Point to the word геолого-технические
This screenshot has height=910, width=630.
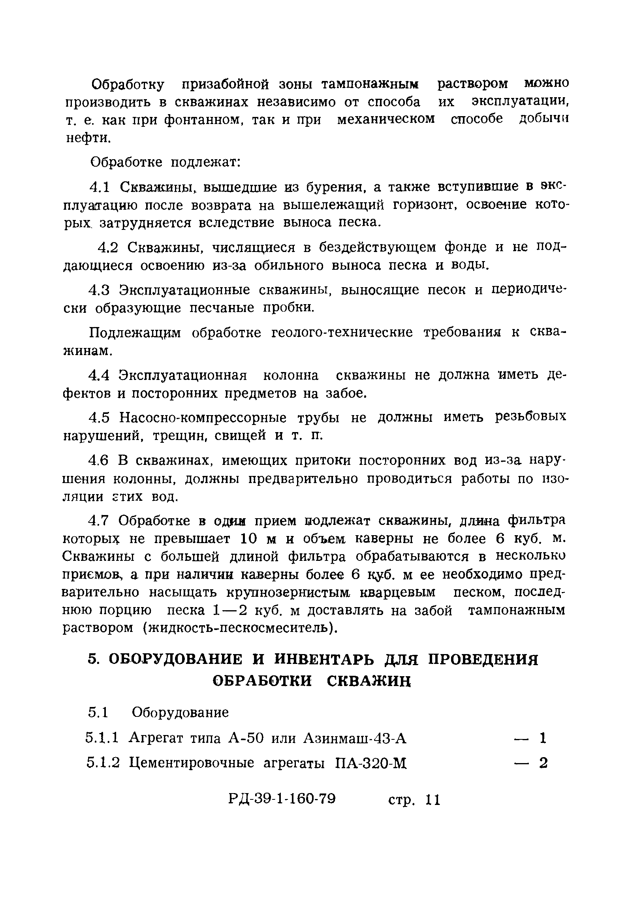pos(342,333)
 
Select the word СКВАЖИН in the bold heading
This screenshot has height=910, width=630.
pos(369,690)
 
